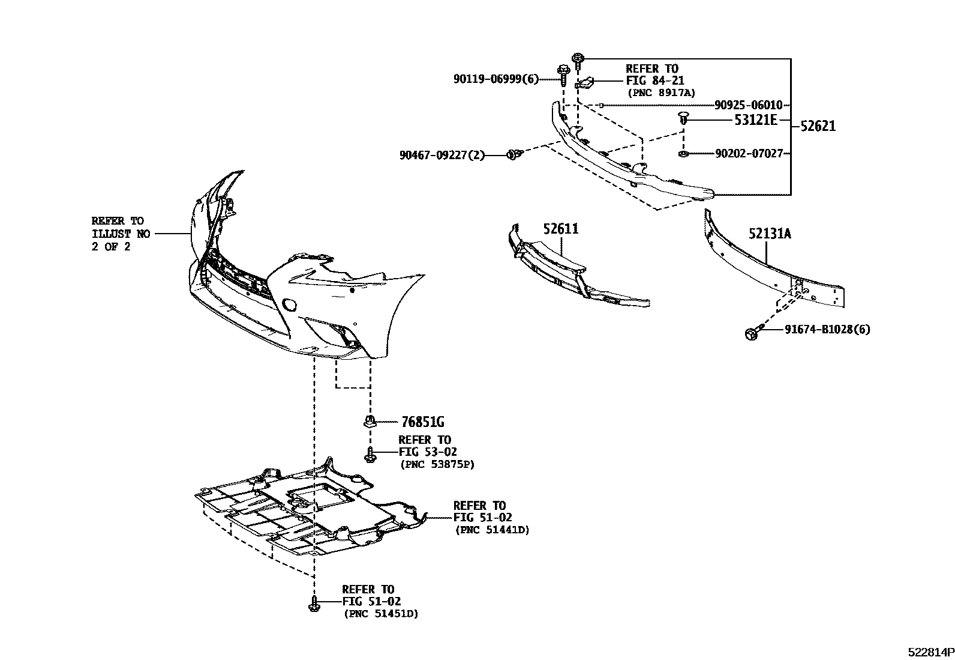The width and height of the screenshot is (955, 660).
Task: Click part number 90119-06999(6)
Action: (x=496, y=79)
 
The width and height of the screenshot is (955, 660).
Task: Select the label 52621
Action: (x=818, y=126)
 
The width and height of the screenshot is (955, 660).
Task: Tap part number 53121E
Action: (x=755, y=120)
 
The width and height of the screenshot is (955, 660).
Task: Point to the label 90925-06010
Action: (x=748, y=105)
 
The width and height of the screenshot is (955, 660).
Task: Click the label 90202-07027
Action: (x=749, y=154)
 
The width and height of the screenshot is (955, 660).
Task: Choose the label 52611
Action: (x=561, y=229)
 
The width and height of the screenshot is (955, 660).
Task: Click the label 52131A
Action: (x=769, y=234)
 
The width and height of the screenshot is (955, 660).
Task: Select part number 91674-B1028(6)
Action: (x=827, y=329)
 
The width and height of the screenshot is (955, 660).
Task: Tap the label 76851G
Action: (x=420, y=422)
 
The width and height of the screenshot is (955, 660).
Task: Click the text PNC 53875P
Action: (x=437, y=464)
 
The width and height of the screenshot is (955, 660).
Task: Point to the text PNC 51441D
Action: (x=492, y=530)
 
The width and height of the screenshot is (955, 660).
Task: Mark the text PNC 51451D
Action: (x=381, y=613)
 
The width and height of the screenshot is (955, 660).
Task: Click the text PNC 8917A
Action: (x=661, y=92)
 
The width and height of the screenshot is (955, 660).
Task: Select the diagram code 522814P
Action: (x=929, y=652)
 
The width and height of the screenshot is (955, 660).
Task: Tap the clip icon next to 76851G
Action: (x=370, y=421)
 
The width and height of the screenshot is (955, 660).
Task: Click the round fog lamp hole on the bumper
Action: (x=289, y=305)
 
